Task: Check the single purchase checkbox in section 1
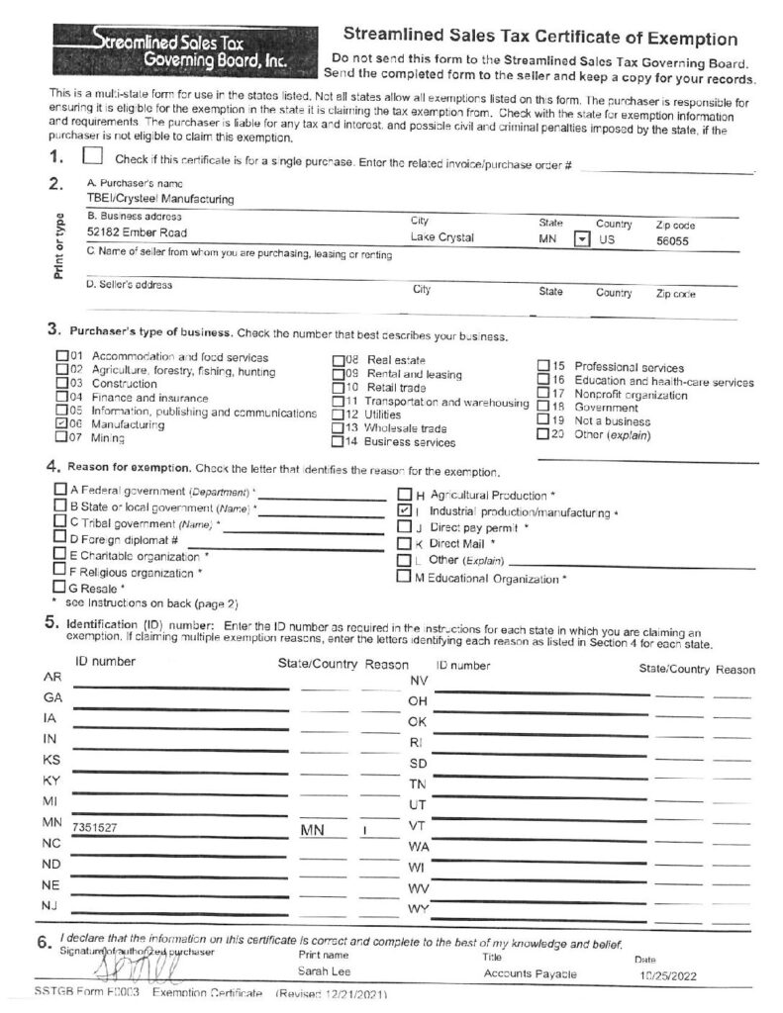[x=93, y=156]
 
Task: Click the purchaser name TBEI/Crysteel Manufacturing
[x=160, y=198]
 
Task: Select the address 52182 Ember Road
[x=138, y=232]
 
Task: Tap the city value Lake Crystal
[x=442, y=237]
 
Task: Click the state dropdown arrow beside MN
[x=581, y=238]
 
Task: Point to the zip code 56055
[x=672, y=239]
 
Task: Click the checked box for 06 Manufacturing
[x=60, y=423]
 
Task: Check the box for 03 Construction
[x=60, y=383]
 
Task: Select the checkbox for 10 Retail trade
[x=338, y=388]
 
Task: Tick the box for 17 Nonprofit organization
[x=542, y=393]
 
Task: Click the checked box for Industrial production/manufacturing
[x=404, y=510]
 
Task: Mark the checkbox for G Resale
[x=60, y=587]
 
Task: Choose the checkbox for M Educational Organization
[x=404, y=578]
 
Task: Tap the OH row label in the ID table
[x=417, y=701]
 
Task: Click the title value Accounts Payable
[x=530, y=973]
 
